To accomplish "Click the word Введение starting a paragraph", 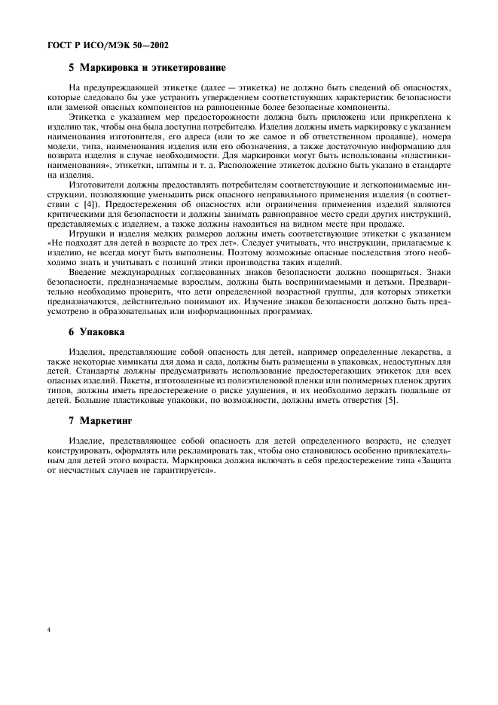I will tap(89, 292).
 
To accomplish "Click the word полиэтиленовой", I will tap(230, 380).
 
